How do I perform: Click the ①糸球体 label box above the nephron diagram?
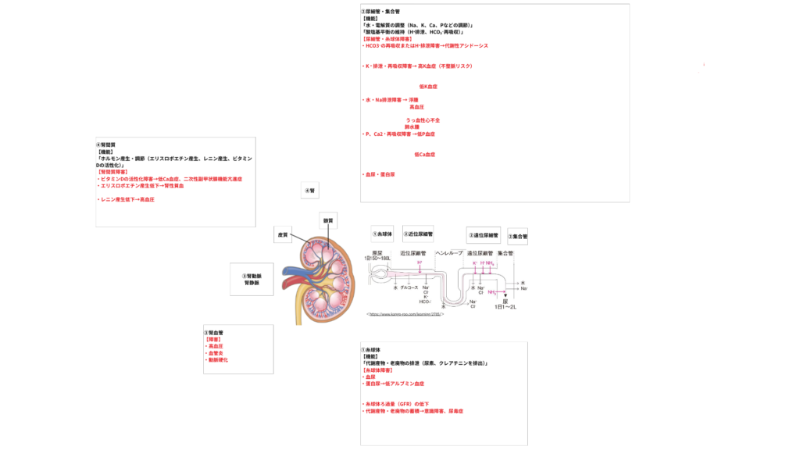coord(383,234)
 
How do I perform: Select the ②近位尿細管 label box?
coord(418,234)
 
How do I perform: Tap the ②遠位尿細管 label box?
coord(483,235)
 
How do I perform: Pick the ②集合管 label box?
coord(517,236)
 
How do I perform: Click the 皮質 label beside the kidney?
coord(284,234)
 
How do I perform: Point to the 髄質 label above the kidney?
coord(329,220)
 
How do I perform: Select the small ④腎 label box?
coord(310,190)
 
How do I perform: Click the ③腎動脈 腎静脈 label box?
coord(252,280)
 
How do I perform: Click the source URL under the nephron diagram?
coord(405,314)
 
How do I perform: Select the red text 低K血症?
coord(428,87)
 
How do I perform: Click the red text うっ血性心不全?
coord(423,120)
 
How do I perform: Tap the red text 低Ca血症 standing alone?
coord(424,155)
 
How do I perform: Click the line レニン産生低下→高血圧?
coord(126,200)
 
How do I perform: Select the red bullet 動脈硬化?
coord(217,360)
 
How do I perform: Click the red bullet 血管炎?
coord(215,353)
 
